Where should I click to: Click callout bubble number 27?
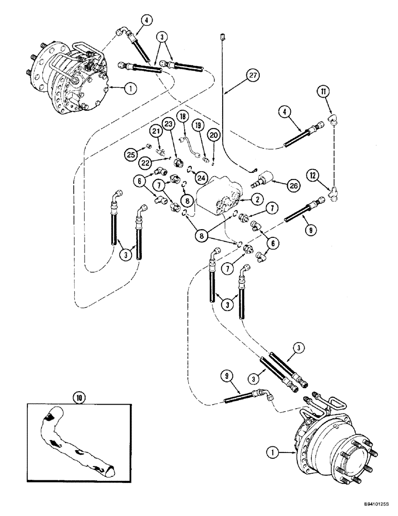[x=252, y=75]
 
